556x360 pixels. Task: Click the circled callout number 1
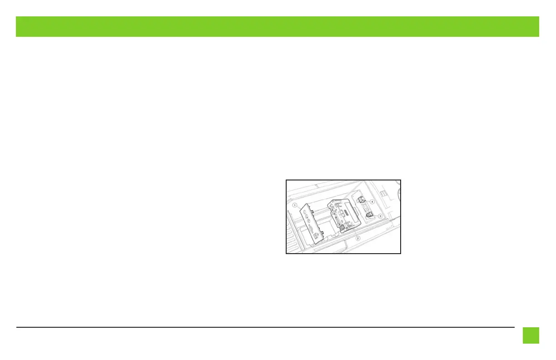[x=295, y=205]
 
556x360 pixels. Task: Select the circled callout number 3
[x=380, y=216]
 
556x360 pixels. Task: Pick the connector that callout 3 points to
[x=369, y=215]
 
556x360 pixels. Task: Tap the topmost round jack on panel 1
[x=305, y=213]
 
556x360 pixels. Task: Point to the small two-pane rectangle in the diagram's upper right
[x=383, y=193]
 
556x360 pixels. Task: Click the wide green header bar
[x=278, y=26]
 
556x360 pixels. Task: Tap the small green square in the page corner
[x=531, y=335]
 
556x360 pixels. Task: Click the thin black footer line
[x=265, y=327]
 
